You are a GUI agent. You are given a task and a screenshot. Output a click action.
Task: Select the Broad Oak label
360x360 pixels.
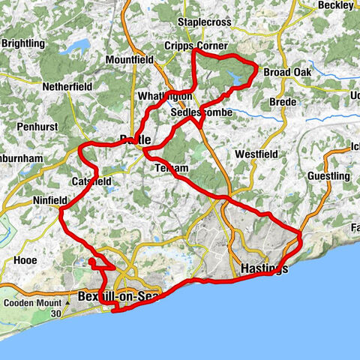286,73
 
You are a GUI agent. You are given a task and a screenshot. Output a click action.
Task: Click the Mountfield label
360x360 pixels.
130,59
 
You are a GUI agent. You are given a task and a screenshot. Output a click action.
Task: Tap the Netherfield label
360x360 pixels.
67,87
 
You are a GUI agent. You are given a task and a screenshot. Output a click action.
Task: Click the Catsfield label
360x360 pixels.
91,181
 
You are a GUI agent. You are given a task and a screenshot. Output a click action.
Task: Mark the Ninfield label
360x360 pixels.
52,201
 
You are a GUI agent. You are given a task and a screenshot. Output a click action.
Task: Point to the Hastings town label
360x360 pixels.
263,269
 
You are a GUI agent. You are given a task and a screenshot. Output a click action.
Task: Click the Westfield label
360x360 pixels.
256,154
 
